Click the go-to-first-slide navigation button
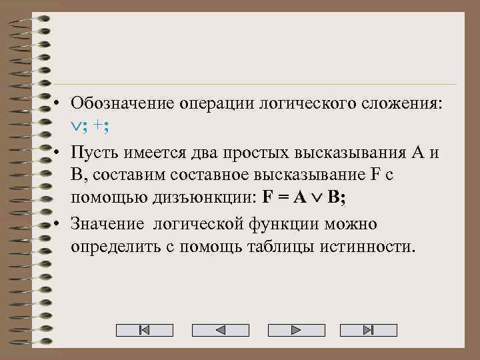[x=145, y=330]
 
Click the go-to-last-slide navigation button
[x=368, y=330]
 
